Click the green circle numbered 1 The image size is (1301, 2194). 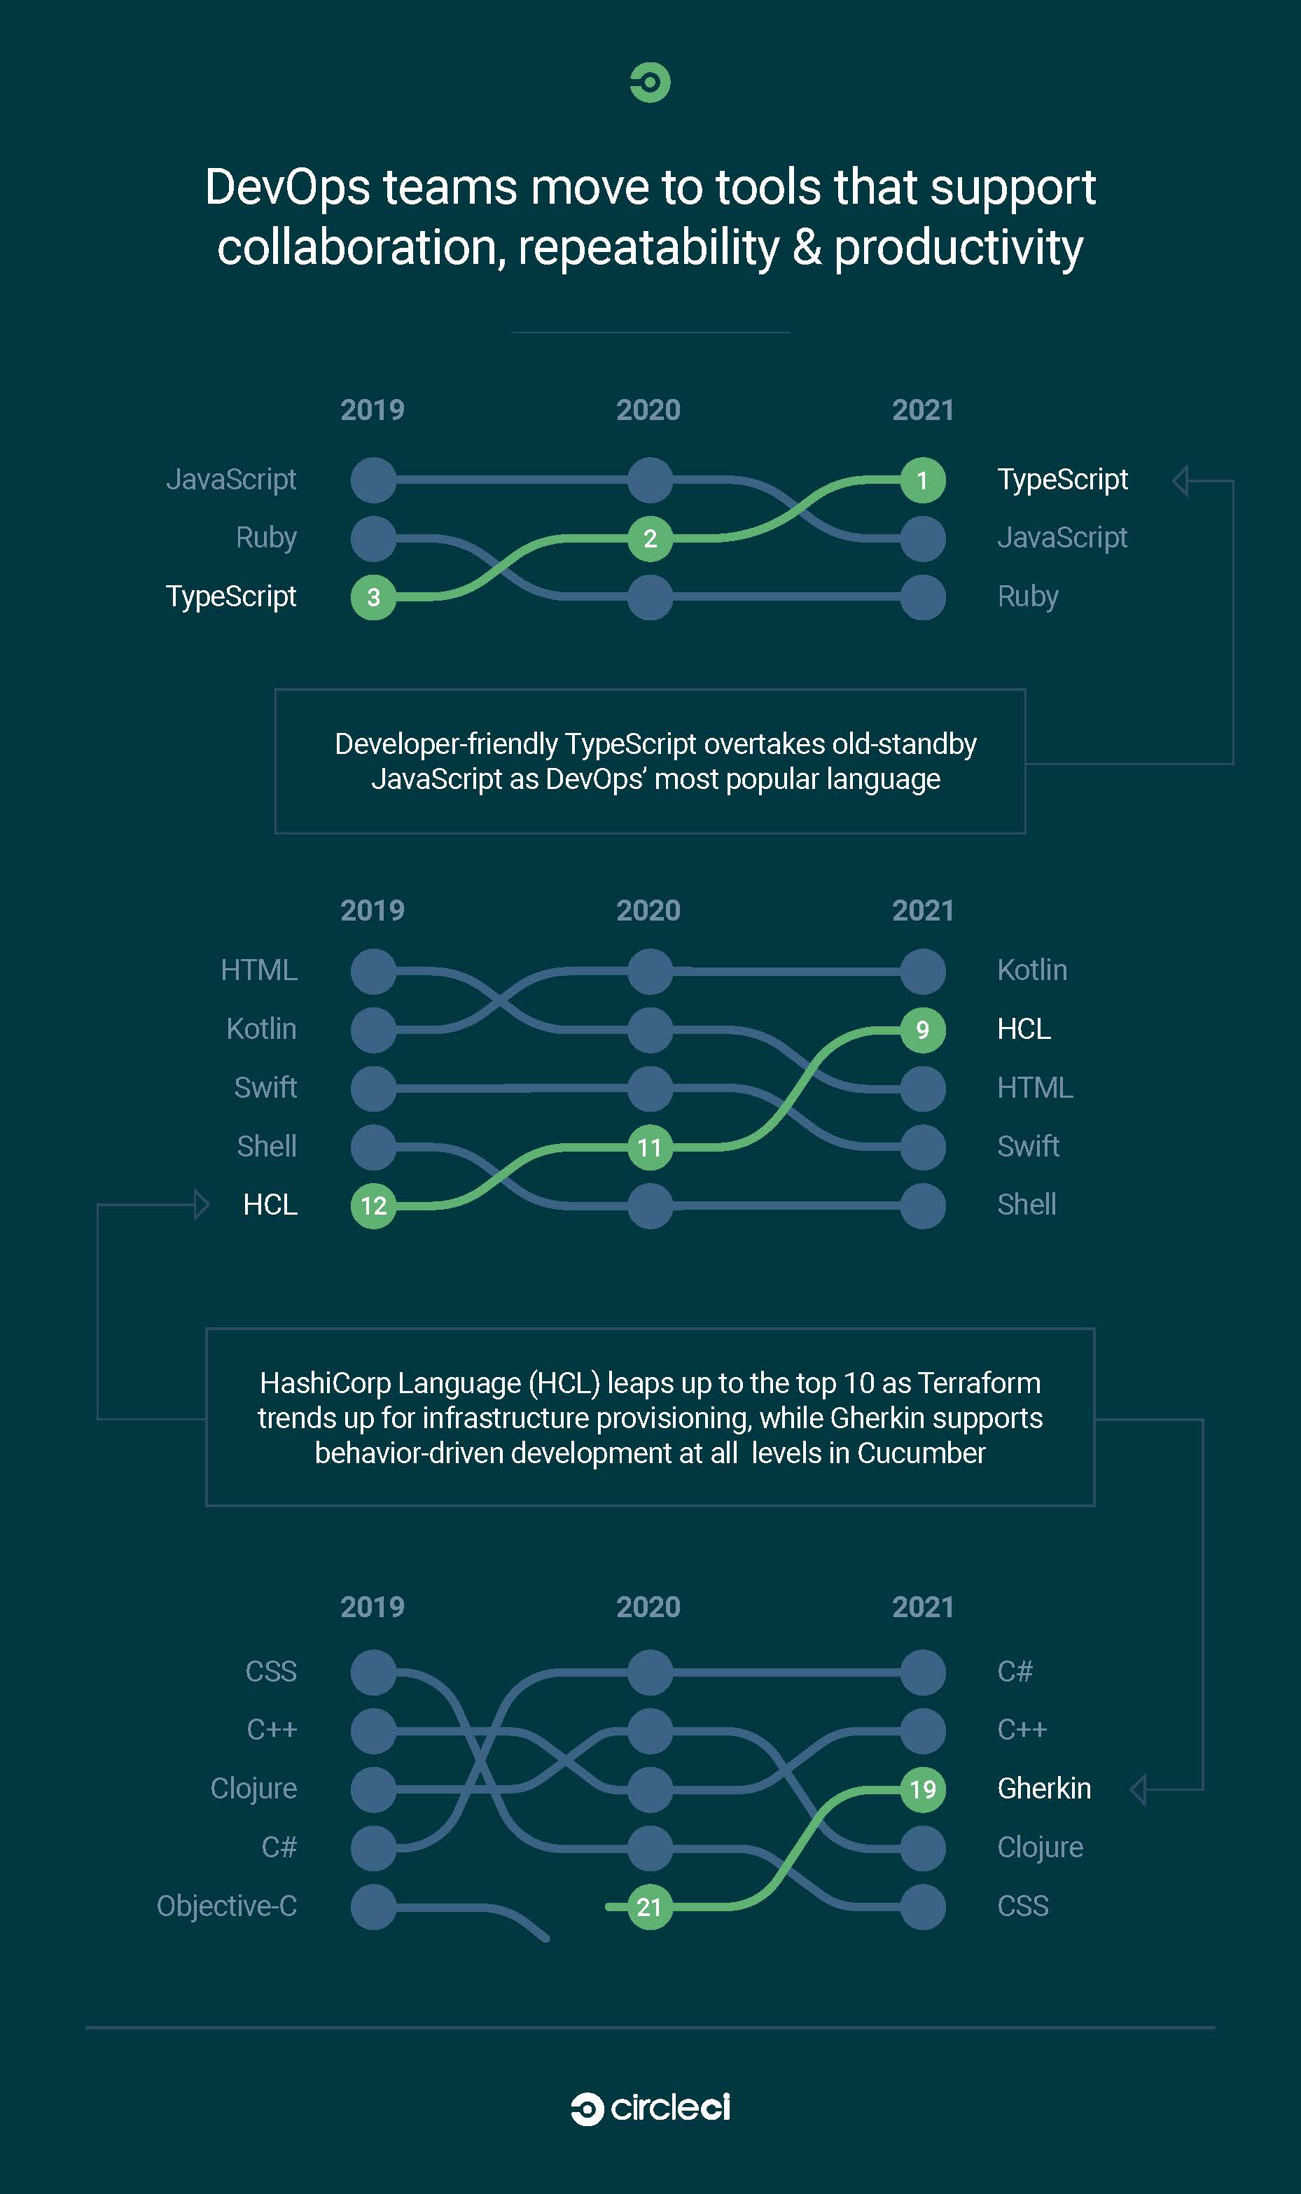[922, 480]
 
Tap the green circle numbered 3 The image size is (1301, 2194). [373, 597]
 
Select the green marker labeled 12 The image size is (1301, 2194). [373, 1206]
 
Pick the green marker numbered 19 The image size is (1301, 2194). [922, 1789]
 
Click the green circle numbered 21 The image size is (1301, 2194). [650, 1906]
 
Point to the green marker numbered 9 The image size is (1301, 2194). [922, 1029]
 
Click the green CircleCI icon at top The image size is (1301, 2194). [650, 83]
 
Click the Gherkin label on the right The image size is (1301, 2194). [1044, 1788]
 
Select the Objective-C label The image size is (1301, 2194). [227, 1906]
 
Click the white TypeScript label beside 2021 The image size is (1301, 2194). [1062, 480]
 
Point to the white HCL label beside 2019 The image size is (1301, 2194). [270, 1204]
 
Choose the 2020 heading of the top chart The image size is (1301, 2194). [648, 410]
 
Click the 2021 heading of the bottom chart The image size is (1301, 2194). [922, 1607]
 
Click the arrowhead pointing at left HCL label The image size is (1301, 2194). [201, 1204]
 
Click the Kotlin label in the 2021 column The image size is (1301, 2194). [1032, 970]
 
